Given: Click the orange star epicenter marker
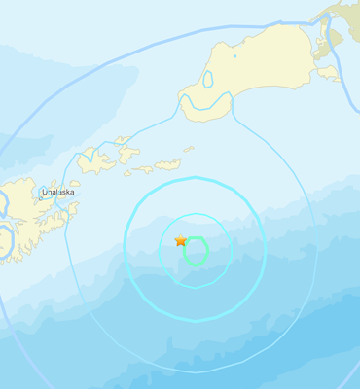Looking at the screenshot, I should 180,240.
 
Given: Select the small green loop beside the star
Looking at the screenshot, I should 196,251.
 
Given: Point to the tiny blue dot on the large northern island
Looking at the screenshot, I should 234,55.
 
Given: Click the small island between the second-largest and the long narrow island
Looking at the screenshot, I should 143,169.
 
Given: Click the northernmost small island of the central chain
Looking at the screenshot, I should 122,140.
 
